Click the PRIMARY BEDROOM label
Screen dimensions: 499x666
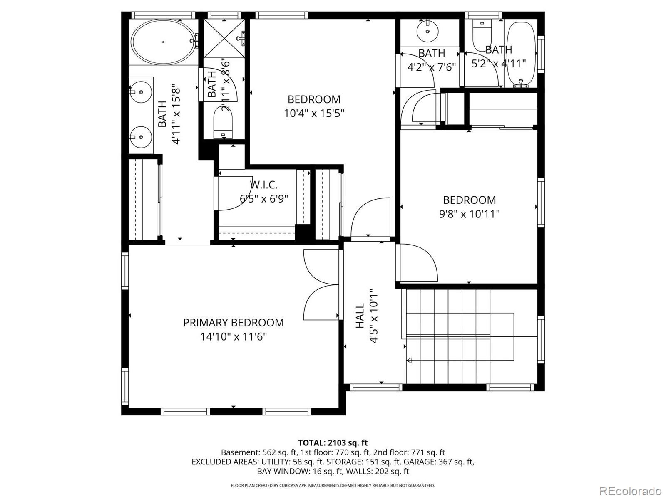[x=234, y=322]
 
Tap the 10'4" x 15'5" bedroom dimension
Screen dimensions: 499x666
[x=314, y=113]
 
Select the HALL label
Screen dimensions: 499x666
[x=360, y=316]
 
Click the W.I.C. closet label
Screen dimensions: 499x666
[x=263, y=185]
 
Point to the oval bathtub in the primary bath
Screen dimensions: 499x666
[x=163, y=42]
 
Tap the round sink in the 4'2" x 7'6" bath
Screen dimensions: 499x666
[x=427, y=31]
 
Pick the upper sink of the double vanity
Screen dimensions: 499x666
[x=140, y=93]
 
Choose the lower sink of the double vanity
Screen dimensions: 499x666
[x=140, y=136]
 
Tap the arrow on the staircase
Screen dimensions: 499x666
[x=410, y=360]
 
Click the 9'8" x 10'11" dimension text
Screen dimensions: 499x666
[x=469, y=214]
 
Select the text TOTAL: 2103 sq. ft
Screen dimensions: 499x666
[x=333, y=442]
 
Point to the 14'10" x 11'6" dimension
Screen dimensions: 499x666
[x=234, y=336]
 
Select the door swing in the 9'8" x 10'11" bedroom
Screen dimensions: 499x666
[x=417, y=264]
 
